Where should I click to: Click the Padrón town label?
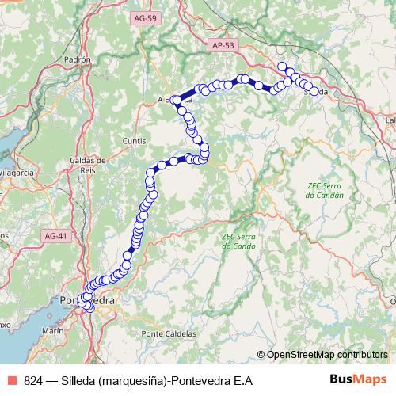click(78, 59)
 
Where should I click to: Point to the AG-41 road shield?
click(56, 236)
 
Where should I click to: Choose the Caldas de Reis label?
click(82, 165)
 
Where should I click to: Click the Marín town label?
click(52, 329)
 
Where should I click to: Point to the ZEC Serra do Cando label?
click(238, 241)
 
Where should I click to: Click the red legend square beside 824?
click(13, 381)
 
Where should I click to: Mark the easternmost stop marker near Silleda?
click(314, 92)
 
